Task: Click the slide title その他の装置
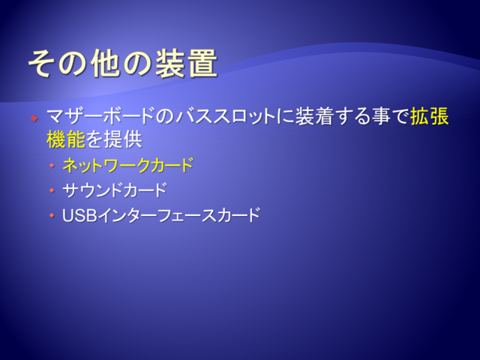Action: [x=123, y=63]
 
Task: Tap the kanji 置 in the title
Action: [x=202, y=63]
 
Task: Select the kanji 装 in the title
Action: [x=170, y=63]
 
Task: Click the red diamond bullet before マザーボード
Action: [x=34, y=118]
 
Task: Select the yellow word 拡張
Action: [x=429, y=116]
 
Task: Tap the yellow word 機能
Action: [x=66, y=139]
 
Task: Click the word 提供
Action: [x=123, y=139]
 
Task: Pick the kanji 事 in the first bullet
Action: [x=381, y=116]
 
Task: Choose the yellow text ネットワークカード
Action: [x=128, y=165]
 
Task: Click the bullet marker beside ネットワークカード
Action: [x=52, y=165]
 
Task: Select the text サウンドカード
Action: [x=115, y=190]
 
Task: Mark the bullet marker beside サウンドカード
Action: [x=52, y=190]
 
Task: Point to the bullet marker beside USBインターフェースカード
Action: [x=52, y=215]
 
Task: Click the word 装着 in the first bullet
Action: [x=313, y=116]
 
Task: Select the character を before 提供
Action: [x=94, y=139]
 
